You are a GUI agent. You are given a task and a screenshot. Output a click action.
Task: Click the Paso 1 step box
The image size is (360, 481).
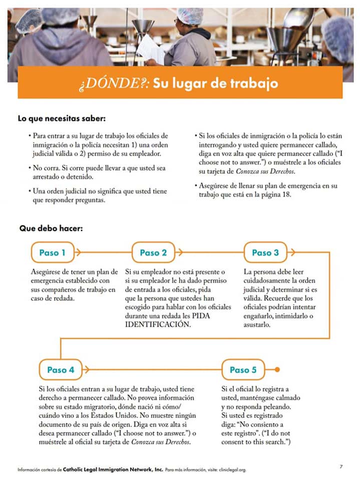[53, 253]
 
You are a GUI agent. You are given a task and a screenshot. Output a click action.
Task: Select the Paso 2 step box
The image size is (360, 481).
[153, 253]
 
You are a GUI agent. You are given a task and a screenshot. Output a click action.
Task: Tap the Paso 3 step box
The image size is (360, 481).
[265, 253]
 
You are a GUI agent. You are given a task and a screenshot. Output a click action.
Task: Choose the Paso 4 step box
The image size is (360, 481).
[61, 370]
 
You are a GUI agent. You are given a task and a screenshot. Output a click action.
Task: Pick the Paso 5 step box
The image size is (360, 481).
[243, 370]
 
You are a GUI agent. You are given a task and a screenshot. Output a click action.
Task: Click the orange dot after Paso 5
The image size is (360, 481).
[278, 370]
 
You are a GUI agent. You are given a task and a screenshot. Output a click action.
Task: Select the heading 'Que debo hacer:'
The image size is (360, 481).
[51, 228]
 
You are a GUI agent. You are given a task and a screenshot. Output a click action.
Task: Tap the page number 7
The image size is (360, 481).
[341, 466]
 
